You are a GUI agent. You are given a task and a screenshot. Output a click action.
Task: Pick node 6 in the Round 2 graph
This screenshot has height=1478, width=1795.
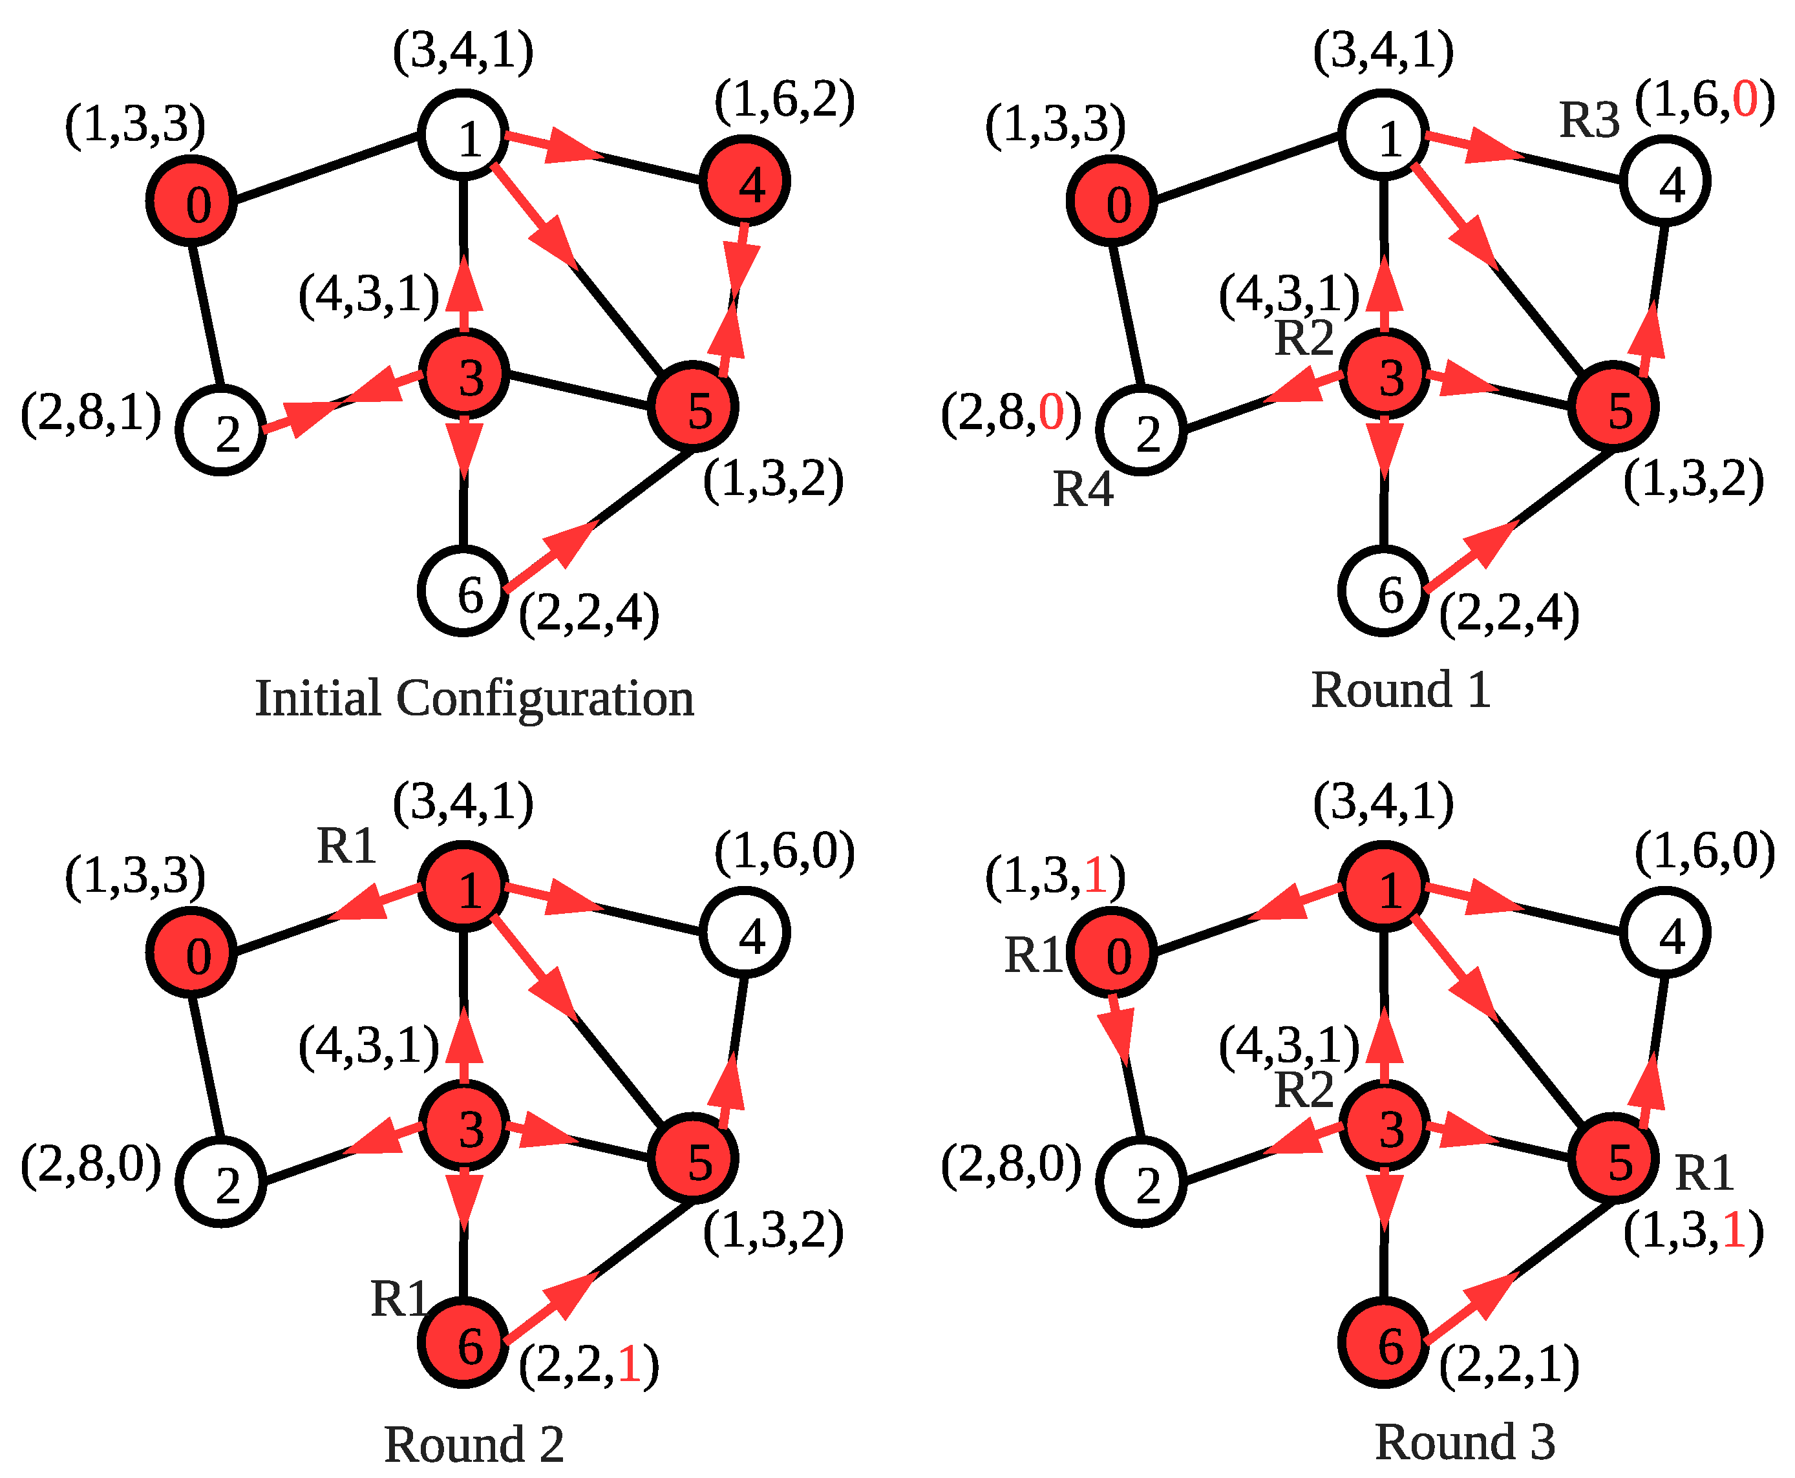coord(463,1343)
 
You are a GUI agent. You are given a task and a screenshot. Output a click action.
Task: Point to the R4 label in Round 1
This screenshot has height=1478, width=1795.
coord(1082,490)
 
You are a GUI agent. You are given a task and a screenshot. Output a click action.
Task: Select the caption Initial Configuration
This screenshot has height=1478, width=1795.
coord(474,698)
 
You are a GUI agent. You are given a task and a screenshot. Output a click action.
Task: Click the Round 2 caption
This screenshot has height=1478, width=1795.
coord(474,1445)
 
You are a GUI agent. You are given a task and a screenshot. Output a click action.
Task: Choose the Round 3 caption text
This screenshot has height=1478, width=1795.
coord(1465,1441)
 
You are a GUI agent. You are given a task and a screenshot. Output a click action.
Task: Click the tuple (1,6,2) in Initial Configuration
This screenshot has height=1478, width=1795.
coord(784,100)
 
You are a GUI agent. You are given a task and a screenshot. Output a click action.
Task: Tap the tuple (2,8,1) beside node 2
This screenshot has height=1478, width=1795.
coord(91,414)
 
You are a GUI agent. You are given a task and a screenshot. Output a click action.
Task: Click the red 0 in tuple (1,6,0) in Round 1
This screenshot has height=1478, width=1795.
coord(1744,100)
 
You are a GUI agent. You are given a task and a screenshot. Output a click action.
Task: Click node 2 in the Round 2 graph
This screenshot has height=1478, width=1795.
coord(222,1183)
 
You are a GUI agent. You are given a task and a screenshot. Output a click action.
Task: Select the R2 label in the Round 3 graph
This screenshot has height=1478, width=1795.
coord(1303,1090)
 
